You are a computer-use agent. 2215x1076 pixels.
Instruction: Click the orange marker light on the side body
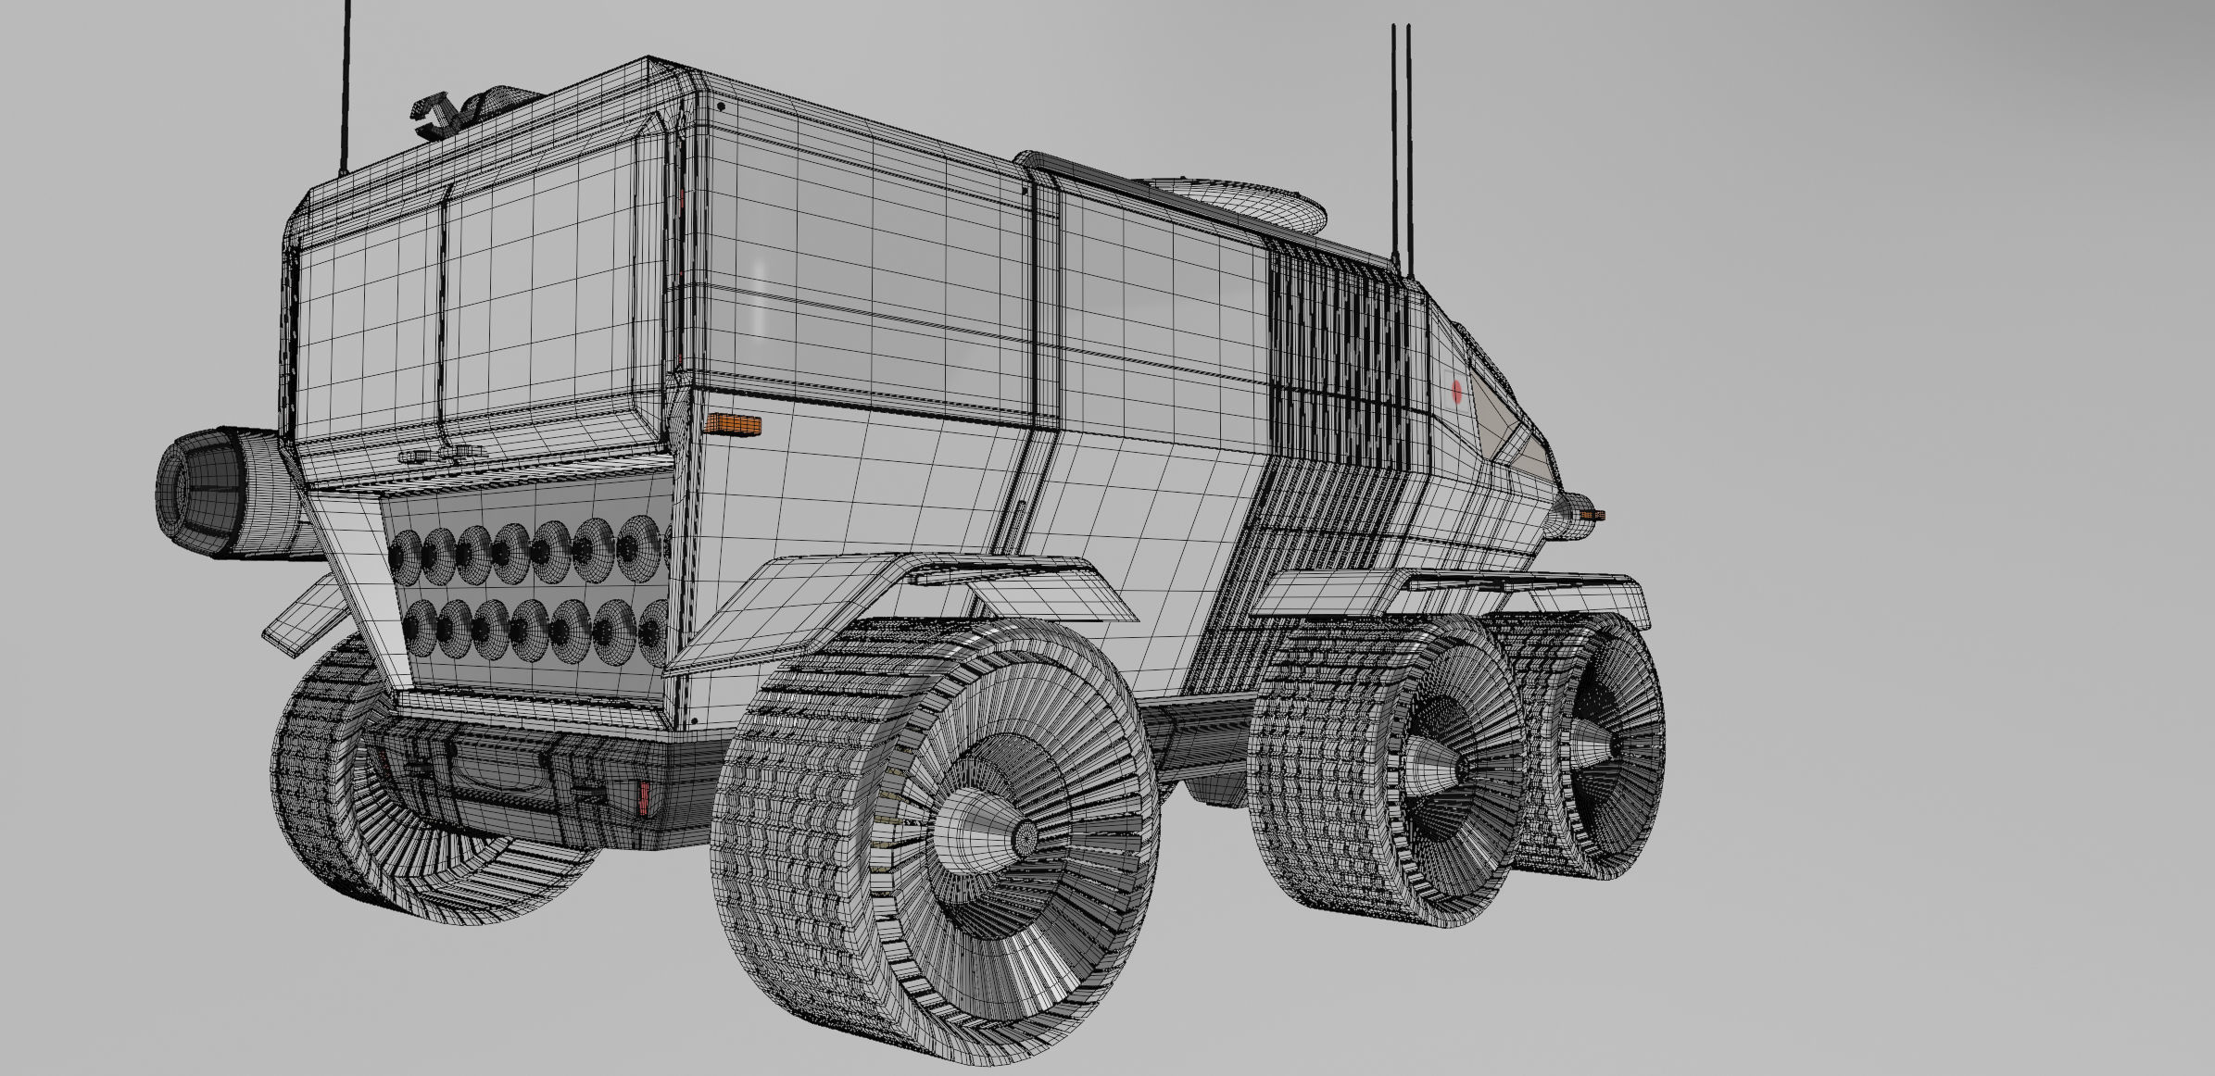pos(733,424)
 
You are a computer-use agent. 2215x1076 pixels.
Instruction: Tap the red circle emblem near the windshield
pos(1456,392)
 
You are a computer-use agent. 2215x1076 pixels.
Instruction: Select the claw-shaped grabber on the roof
pos(435,116)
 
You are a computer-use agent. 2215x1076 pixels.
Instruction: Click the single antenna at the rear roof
pos(346,88)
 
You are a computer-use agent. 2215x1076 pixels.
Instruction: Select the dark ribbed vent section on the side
pos(1340,361)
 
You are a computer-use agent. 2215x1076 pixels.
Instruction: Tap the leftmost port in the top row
pos(404,553)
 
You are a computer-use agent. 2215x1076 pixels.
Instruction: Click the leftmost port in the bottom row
pos(421,626)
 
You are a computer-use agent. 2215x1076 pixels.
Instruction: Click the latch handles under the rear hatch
pos(441,455)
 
